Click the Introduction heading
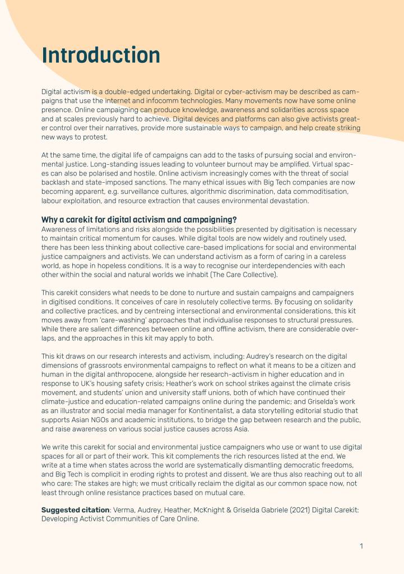(101, 55)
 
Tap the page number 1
(361, 546)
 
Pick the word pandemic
(321, 392)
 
